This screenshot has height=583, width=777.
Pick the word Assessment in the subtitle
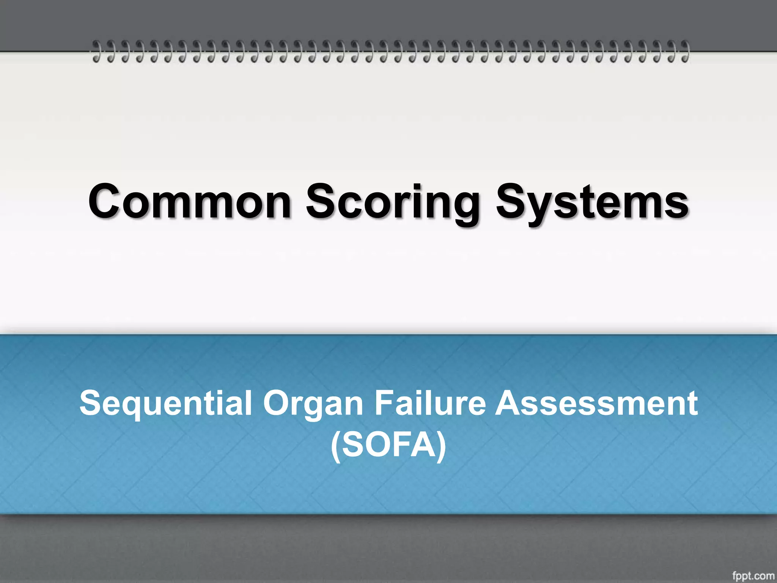coord(596,403)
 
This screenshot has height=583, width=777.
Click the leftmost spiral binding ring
coord(97,51)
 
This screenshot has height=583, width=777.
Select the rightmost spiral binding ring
coord(684,51)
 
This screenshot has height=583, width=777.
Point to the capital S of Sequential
coord(91,403)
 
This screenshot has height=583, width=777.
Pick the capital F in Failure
coord(384,403)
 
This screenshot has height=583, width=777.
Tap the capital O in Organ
coord(277,403)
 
